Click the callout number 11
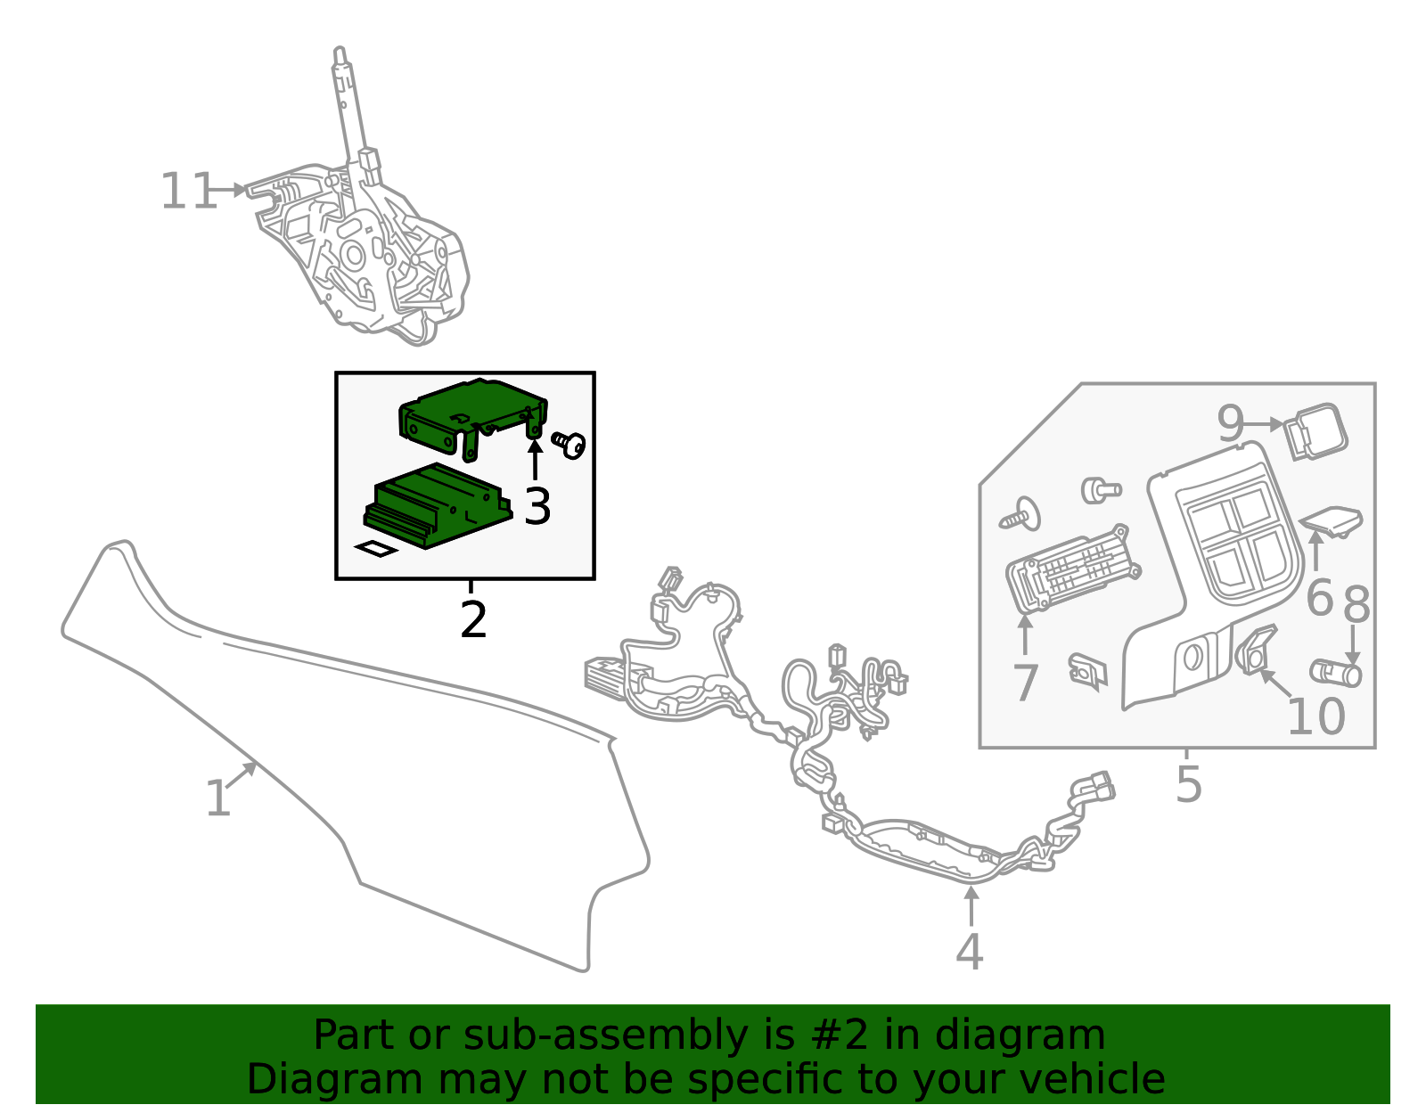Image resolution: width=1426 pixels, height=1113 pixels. point(188,192)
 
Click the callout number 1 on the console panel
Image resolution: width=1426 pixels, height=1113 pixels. point(217,798)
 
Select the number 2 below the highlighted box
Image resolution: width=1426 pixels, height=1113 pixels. point(473,620)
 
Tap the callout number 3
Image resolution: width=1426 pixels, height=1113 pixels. point(537,506)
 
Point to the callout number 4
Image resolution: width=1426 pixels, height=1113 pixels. point(969,952)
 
